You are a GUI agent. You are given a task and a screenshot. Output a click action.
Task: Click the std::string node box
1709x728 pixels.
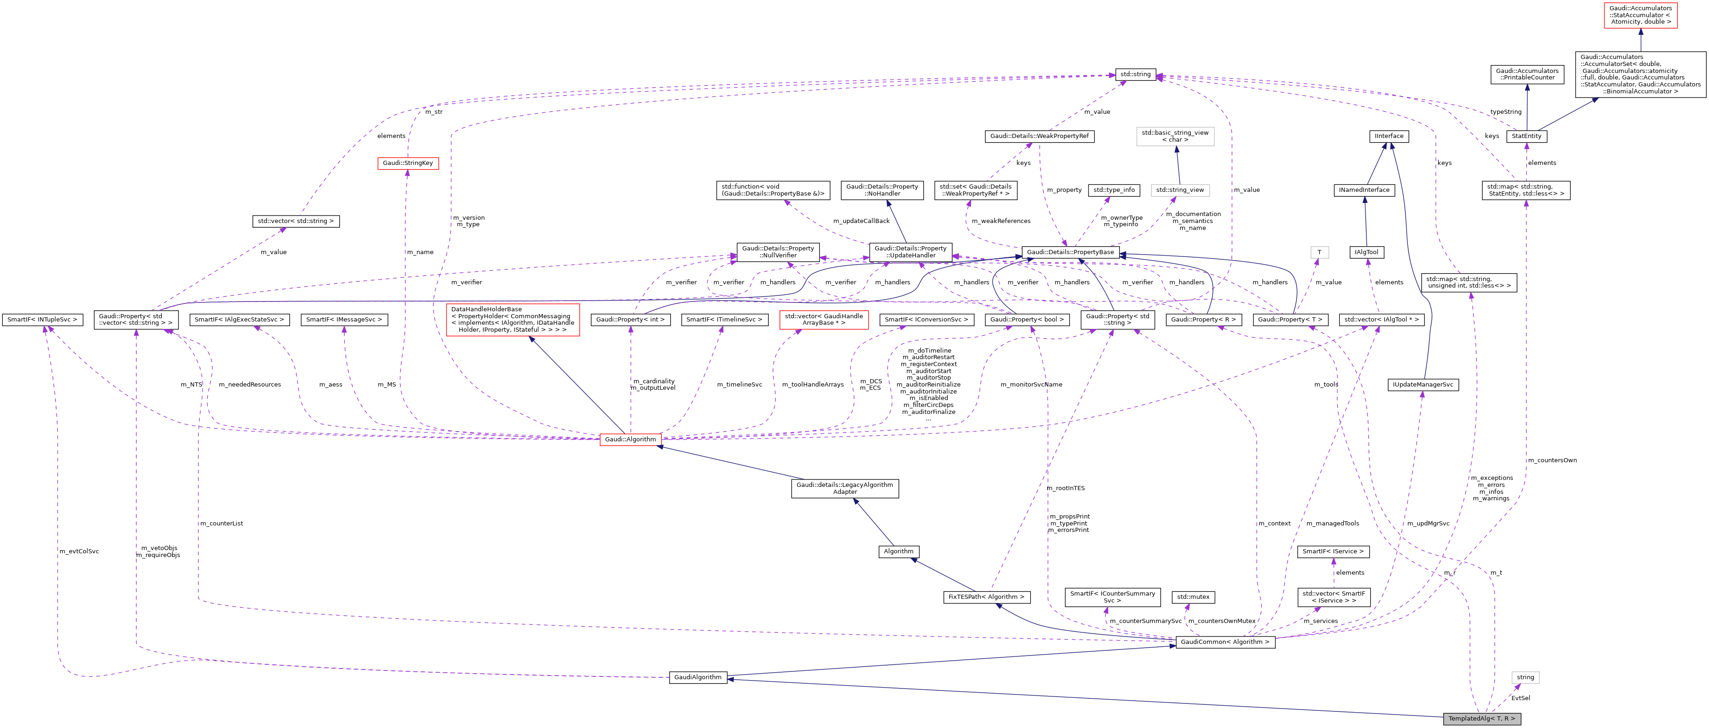click(x=1135, y=74)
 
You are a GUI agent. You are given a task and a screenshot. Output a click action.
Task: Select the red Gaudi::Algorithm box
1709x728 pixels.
click(x=630, y=439)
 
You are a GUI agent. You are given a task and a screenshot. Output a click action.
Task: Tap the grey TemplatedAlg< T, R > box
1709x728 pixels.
click(x=1481, y=719)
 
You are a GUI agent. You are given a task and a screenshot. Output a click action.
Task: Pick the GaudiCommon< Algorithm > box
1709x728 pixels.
click(x=1225, y=642)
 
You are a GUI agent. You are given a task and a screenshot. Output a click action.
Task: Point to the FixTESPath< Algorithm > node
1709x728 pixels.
click(x=986, y=597)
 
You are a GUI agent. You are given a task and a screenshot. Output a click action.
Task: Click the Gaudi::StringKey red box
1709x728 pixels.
click(x=407, y=163)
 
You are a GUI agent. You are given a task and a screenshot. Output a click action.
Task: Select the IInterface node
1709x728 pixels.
click(x=1389, y=136)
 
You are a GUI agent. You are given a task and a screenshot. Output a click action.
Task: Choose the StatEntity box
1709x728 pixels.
click(x=1526, y=136)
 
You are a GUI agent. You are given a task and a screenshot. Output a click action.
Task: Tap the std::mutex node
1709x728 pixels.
click(x=1193, y=597)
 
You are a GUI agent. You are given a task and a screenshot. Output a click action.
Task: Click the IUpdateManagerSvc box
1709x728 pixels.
click(x=1422, y=385)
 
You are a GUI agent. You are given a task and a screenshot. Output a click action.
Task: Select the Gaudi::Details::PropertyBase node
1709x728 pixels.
click(x=1070, y=252)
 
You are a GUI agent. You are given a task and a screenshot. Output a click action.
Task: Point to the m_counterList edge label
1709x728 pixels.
click(x=222, y=524)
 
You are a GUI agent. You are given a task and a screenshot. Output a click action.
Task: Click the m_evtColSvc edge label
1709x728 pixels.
click(x=79, y=551)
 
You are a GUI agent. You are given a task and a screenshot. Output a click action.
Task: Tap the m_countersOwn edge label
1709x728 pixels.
click(x=1552, y=460)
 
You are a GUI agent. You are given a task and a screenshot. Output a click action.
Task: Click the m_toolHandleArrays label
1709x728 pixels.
click(x=813, y=385)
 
